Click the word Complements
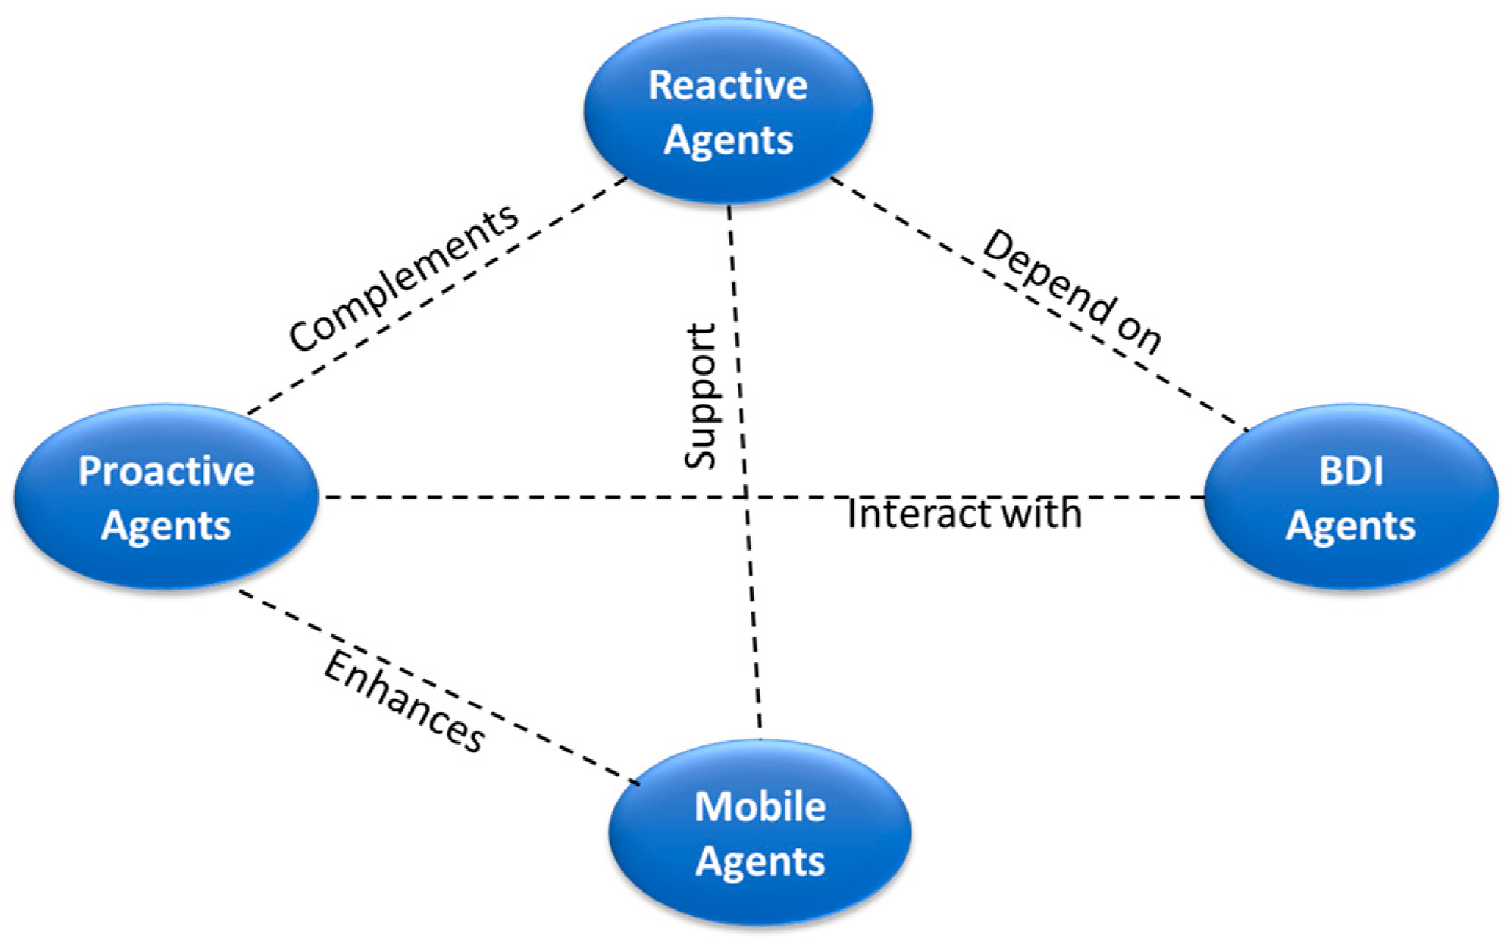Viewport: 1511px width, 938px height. [403, 278]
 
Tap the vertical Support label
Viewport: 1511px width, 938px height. [699, 396]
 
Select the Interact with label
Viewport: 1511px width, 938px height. [964, 513]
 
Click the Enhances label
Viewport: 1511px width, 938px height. [404, 702]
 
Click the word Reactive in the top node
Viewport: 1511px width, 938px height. [727, 85]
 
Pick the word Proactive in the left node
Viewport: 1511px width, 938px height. [166, 471]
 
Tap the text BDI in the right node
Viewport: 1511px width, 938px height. [1350, 471]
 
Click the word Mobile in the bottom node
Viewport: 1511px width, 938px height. [760, 806]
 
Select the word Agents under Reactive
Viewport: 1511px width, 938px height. [727, 140]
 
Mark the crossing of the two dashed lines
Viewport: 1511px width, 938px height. [745, 498]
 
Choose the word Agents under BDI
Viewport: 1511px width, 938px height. [1350, 526]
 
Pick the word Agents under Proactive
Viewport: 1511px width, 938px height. [166, 526]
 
